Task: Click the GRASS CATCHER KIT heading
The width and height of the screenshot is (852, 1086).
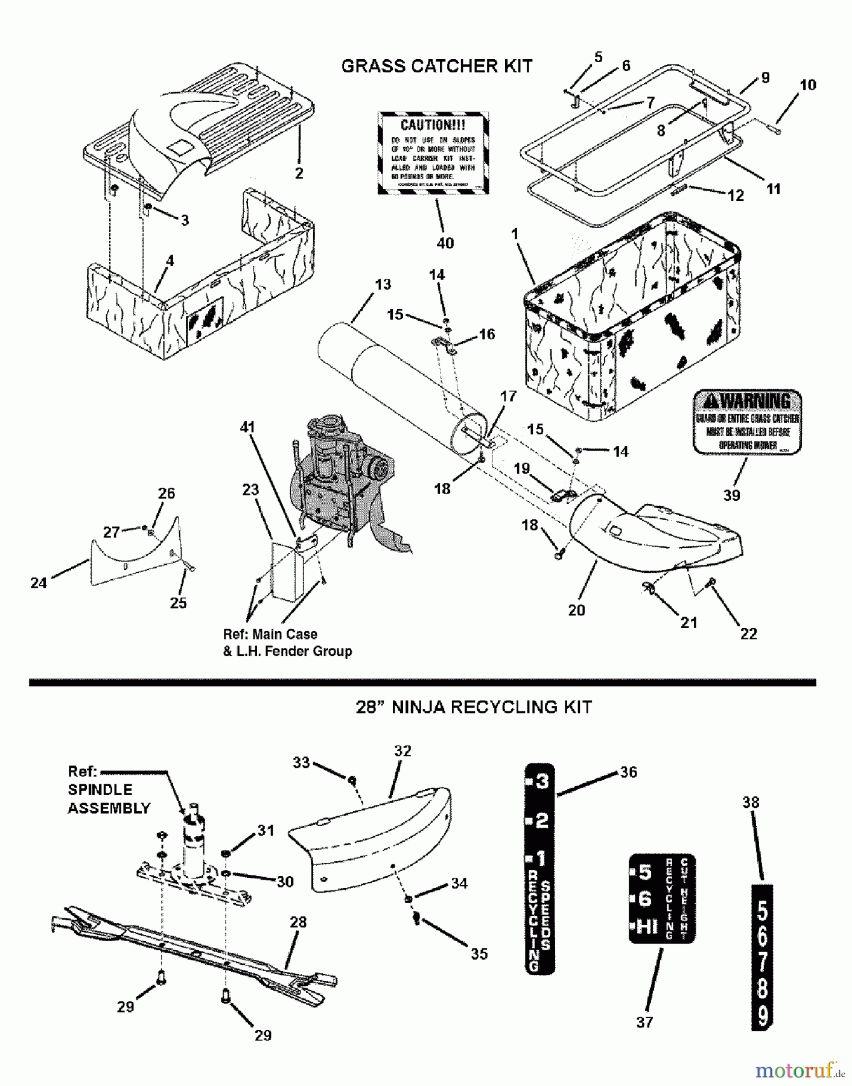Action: tap(436, 66)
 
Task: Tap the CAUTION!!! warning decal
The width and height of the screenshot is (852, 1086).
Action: tap(433, 153)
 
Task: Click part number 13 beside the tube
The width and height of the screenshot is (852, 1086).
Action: tap(383, 284)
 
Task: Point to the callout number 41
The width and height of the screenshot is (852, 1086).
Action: tap(247, 427)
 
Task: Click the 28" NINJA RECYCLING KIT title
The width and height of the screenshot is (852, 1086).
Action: tap(474, 707)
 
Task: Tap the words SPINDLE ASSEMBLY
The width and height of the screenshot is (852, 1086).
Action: tap(109, 799)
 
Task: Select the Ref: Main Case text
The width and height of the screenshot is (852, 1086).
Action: tap(270, 634)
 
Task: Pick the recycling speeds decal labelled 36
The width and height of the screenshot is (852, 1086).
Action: tap(539, 869)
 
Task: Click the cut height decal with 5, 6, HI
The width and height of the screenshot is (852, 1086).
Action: tap(661, 898)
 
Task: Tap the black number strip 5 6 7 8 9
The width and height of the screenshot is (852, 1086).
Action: tap(762, 958)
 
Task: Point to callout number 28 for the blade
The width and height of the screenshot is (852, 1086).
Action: tap(298, 922)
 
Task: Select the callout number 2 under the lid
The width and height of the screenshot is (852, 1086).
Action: tap(299, 173)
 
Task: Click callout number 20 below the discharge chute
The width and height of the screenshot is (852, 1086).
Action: tap(576, 610)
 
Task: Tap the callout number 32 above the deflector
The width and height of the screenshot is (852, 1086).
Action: tap(402, 751)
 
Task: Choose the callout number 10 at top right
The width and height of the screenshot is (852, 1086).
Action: tap(807, 85)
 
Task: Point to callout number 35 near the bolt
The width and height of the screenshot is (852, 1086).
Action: tap(479, 954)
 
